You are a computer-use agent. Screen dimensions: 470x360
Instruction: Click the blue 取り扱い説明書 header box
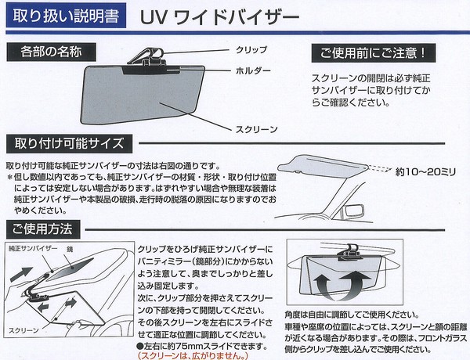coord(66,16)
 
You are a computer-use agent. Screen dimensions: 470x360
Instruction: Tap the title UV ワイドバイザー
coord(219,18)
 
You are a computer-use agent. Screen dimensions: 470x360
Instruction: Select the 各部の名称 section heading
coord(51,52)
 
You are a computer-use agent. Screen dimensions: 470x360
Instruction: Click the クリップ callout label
coord(251,50)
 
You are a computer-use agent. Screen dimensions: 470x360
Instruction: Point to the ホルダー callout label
coord(253,70)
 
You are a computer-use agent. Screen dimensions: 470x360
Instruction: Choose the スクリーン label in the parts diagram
coord(257,129)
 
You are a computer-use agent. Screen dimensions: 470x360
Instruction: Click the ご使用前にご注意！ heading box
coord(374,53)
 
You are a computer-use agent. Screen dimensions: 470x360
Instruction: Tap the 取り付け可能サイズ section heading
coord(69,143)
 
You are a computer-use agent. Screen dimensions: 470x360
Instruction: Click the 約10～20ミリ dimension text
coord(425,172)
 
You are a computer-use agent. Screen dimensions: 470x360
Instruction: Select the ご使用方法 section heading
coord(43,229)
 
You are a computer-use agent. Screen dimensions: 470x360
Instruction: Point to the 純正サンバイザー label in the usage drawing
coord(33,248)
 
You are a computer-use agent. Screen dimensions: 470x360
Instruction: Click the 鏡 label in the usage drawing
coord(70,249)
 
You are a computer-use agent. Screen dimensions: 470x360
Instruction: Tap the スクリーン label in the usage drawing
coord(23,330)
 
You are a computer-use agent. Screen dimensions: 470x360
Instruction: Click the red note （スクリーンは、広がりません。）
coord(193,355)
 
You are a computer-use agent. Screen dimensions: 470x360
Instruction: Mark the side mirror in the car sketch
coord(354,210)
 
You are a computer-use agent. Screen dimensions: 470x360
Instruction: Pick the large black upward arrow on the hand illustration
coord(21,275)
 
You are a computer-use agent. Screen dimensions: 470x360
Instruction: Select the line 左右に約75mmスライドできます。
coord(202,346)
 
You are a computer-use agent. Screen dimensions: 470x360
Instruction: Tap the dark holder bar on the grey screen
coord(151,70)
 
